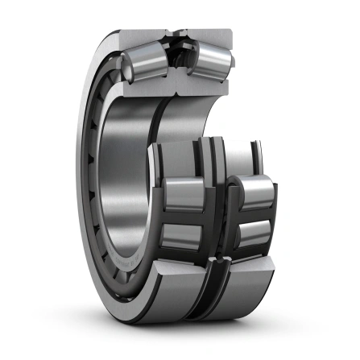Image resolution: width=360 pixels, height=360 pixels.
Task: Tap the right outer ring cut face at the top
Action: [x=211, y=36]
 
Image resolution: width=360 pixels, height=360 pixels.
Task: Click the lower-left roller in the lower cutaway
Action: [x=182, y=234]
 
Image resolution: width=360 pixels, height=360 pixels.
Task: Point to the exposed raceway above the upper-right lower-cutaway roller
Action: [x=250, y=165]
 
